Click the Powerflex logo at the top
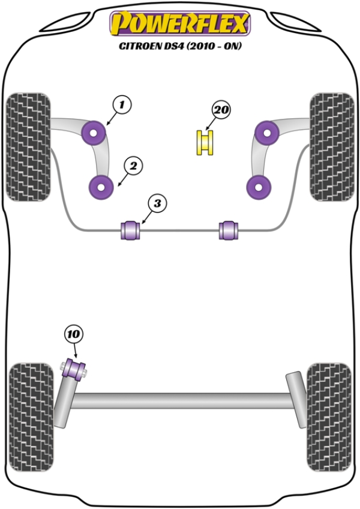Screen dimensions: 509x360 pyautogui.click(x=179, y=24)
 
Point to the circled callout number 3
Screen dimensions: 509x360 pyautogui.click(x=157, y=204)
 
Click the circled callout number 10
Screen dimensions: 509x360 pyautogui.click(x=74, y=334)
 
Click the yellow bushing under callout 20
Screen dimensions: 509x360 pyautogui.click(x=206, y=143)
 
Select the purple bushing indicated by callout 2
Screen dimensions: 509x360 pyautogui.click(x=101, y=187)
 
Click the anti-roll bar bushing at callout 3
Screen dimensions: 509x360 pyautogui.click(x=131, y=230)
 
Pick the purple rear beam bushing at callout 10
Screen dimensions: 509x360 pyautogui.click(x=76, y=368)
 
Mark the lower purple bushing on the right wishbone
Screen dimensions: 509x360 pyautogui.click(x=259, y=187)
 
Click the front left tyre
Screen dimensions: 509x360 pyautogui.click(x=28, y=147)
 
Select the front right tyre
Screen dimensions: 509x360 pyautogui.click(x=331, y=147)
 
